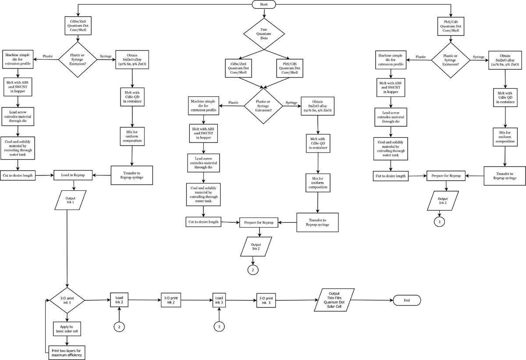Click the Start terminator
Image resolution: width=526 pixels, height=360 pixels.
pos(264,4)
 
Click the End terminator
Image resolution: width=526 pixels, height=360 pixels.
pos(407,300)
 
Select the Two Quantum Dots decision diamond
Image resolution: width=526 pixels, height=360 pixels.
pos(264,34)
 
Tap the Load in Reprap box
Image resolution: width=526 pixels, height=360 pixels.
pos(73,175)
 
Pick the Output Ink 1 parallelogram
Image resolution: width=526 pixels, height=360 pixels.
pos(71,200)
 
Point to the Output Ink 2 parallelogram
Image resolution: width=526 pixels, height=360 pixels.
pos(256,246)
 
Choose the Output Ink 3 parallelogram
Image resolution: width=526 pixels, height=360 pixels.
pos(443,201)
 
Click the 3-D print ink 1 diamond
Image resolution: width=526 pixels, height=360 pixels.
pos(67,300)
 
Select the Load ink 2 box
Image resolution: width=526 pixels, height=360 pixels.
pos(119,300)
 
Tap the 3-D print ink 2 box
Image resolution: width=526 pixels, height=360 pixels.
pos(171,300)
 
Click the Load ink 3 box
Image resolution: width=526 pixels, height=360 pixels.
pos(219,300)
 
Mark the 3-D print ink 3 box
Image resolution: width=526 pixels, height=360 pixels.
pos(266,300)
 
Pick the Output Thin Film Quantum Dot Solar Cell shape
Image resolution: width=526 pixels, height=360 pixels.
pos(334,300)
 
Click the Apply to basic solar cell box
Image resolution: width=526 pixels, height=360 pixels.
pos(67,329)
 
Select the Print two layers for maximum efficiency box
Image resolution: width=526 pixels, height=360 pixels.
pos(67,353)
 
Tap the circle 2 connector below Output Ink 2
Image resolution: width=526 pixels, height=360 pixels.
pos(253,270)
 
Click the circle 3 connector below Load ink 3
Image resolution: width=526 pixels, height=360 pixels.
pos(219,327)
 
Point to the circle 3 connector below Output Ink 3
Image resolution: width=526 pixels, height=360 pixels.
pos(439,222)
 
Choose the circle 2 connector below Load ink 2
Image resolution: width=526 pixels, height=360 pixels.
pos(119,327)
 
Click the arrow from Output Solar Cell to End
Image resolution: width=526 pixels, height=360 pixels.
pos(372,300)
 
